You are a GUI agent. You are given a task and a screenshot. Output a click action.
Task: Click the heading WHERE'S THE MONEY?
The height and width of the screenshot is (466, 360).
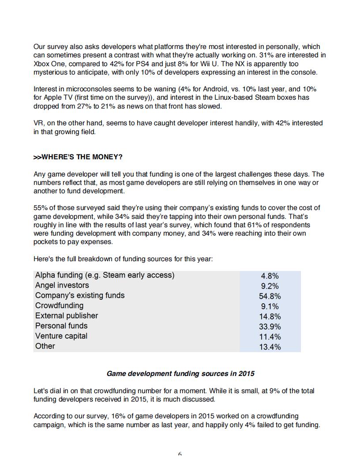[78, 157]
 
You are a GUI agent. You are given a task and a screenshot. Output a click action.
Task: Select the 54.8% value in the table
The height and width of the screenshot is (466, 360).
[270, 296]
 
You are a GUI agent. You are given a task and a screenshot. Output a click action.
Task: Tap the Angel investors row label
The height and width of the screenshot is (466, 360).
[62, 286]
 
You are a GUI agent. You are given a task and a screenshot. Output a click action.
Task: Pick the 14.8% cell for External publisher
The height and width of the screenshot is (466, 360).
[270, 316]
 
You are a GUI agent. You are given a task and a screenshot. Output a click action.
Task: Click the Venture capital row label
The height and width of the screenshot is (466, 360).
[61, 336]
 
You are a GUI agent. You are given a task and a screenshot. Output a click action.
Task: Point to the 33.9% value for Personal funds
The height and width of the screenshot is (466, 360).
[270, 327]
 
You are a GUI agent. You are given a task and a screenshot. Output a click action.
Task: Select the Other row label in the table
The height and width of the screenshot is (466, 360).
[45, 346]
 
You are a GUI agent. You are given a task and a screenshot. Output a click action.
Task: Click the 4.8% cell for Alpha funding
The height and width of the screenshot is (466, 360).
[270, 276]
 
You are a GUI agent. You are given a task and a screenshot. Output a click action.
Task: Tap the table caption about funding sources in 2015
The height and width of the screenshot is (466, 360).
[180, 373]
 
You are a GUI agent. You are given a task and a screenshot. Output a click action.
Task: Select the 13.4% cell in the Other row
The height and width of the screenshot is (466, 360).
[270, 347]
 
